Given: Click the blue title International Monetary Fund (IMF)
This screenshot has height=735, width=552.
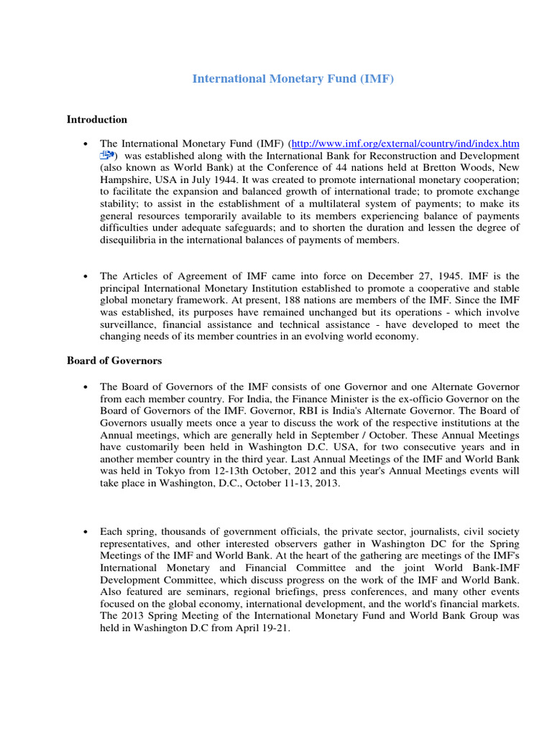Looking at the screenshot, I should pyautogui.click(x=293, y=79).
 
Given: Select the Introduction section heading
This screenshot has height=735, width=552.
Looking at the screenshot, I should pyautogui.click(x=97, y=119).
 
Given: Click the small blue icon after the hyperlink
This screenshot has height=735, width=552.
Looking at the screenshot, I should pyautogui.click(x=107, y=156).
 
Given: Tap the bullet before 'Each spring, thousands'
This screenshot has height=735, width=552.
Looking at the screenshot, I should pyautogui.click(x=86, y=532).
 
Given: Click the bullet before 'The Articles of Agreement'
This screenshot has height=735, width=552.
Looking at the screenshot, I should pyautogui.click(x=86, y=276).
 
